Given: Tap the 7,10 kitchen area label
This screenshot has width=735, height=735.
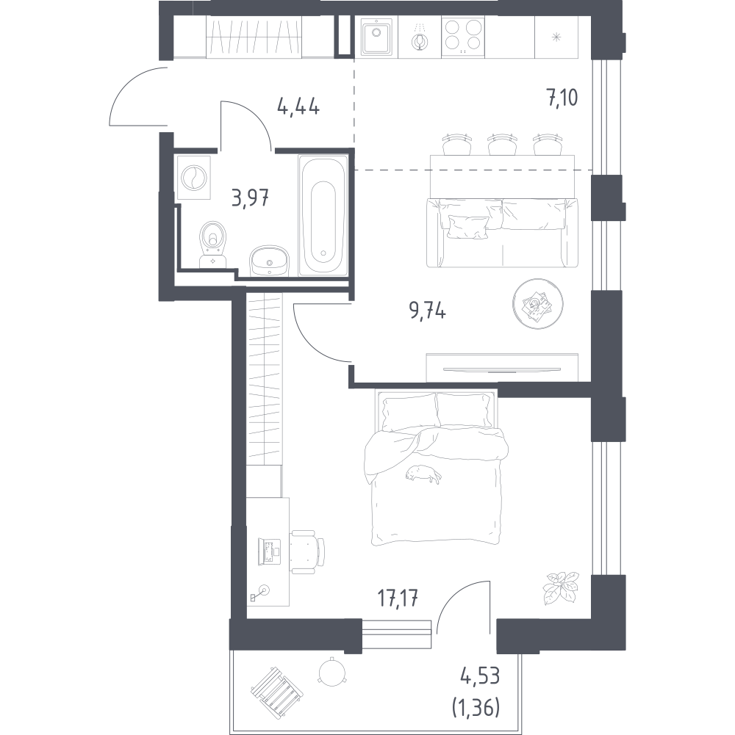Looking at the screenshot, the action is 562,98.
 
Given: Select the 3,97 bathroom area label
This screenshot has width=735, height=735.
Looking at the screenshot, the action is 250,198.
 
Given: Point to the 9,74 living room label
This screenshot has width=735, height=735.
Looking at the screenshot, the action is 428,311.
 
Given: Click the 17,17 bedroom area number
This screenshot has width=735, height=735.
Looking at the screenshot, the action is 398,598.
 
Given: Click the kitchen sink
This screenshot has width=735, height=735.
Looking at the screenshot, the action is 379,36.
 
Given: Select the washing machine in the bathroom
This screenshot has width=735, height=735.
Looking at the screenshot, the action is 194,178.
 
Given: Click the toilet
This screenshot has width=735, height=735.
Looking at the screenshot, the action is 213,244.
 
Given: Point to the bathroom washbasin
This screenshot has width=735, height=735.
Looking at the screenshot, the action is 270,261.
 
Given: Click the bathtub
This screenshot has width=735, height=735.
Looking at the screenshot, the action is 323,216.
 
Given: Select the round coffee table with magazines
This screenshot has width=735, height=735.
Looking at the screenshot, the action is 537,304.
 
